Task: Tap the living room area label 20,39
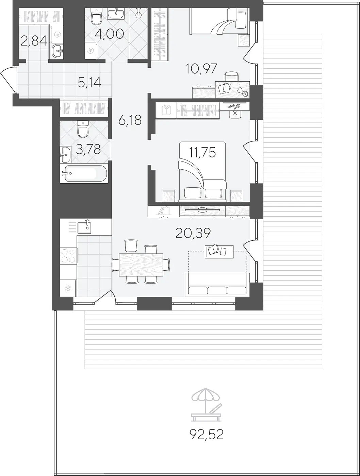[193, 233]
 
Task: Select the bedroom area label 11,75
[202, 152]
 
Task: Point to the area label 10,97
[201, 69]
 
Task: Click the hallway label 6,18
[130, 120]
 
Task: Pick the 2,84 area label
[34, 41]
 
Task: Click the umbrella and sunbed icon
[206, 405]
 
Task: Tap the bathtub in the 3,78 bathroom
[84, 173]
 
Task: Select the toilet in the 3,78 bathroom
[83, 129]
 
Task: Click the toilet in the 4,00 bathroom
[96, 17]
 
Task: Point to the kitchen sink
[84, 226]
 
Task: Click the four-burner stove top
[69, 256]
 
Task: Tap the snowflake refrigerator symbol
[68, 288]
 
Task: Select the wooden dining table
[141, 265]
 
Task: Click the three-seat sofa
[217, 285]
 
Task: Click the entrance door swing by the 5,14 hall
[8, 79]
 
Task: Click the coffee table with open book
[219, 252]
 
